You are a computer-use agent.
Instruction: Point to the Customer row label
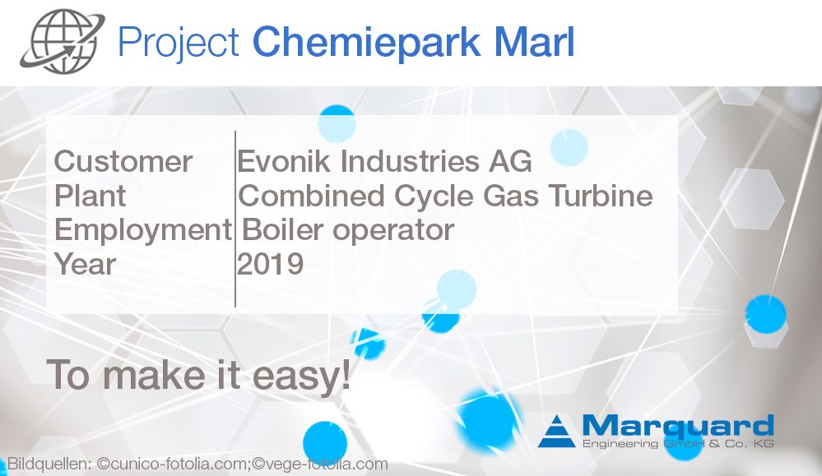pyautogui.click(x=123, y=162)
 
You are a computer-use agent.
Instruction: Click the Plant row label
pyautogui.click(x=91, y=196)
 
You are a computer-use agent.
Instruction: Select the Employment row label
pyautogui.click(x=142, y=230)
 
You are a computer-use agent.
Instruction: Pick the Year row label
pyautogui.click(x=85, y=264)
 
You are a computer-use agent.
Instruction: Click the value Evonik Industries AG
pyautogui.click(x=384, y=162)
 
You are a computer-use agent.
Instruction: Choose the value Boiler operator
pyautogui.click(x=346, y=230)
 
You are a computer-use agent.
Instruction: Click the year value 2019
pyautogui.click(x=271, y=264)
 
